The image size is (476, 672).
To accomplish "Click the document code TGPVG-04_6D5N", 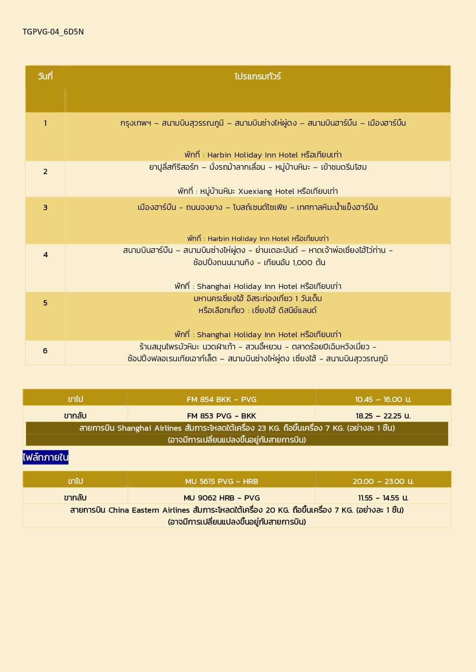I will coord(53,32).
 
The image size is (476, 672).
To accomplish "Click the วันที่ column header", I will coord(45,76).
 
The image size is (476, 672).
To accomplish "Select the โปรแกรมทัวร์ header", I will coord(258,76).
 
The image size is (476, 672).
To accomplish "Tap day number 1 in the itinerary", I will coord(45,123).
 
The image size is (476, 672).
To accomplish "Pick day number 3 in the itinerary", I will coord(45,208).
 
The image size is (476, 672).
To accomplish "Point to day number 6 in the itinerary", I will coord(45,351).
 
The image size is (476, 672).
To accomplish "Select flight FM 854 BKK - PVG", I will coord(221,399).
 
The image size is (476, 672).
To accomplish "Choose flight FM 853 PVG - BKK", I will coord(221,416).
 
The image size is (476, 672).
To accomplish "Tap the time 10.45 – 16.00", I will coord(383,399).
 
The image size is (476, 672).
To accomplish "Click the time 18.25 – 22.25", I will coord(383,416).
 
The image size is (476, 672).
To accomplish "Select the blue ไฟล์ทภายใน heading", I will coord(46,457).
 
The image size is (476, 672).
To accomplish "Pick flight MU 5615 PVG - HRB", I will coord(221,481).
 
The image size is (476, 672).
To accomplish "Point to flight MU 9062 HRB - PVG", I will coord(221,498).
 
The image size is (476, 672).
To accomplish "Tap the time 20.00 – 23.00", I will coord(383,481).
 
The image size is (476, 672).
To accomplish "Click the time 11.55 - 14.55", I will coord(383,498).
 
